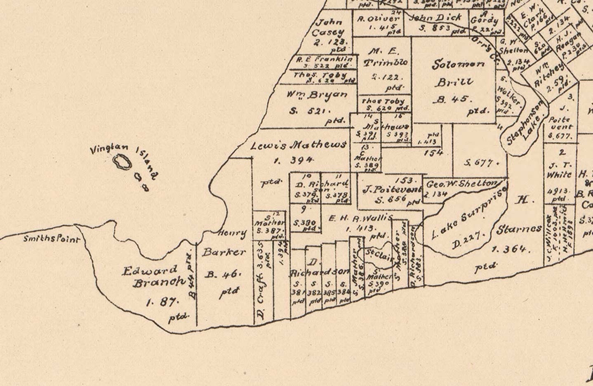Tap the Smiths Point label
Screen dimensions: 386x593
tap(51, 239)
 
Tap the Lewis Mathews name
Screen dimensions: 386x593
tap(298, 145)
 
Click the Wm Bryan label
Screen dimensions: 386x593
tap(317, 95)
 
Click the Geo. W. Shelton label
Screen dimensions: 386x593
tap(461, 184)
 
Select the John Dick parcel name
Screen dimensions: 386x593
tap(436, 18)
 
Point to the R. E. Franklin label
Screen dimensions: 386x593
tap(324, 59)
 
